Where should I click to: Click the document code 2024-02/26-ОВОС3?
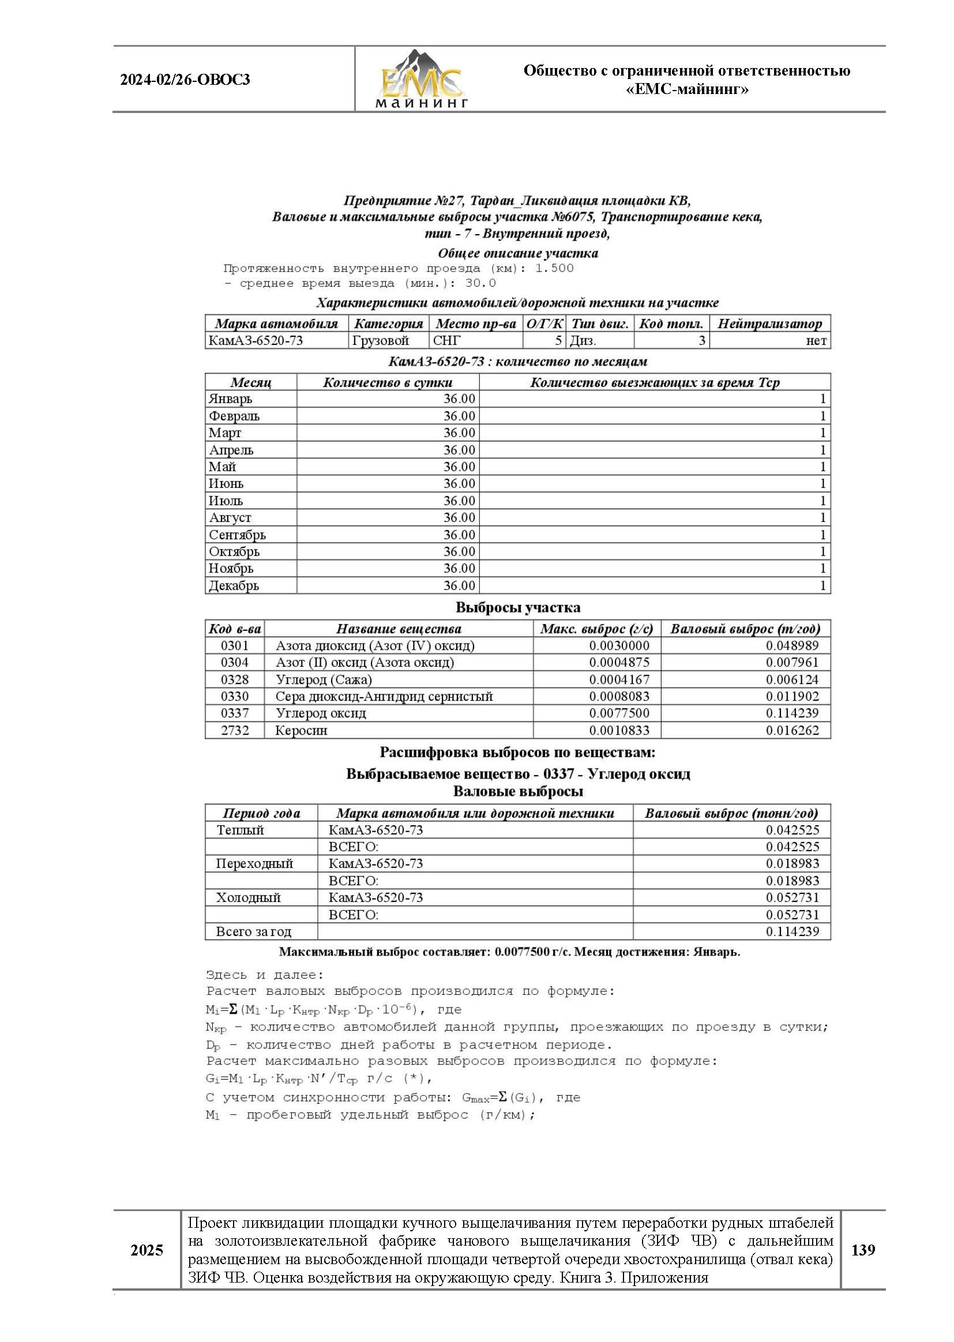pos(185,80)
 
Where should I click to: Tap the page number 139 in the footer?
pos(862,1250)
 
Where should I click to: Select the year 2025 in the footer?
pos(147,1250)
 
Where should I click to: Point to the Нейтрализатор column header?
pos(769,324)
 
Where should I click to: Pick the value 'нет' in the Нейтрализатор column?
pos(816,341)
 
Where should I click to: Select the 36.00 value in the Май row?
pos(459,467)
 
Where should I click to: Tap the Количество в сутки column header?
pos(388,382)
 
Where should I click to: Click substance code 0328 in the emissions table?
pos(234,679)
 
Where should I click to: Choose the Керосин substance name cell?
pos(301,731)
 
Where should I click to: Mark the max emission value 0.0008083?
pos(619,697)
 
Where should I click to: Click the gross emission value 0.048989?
pos(792,645)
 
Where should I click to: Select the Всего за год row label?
pos(253,931)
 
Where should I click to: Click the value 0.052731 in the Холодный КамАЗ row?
pos(792,897)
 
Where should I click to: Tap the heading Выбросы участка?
pos(517,607)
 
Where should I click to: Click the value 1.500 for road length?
pos(554,268)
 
